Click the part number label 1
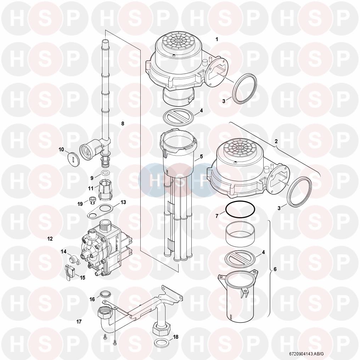(x=217, y=39)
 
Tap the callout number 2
(x=276, y=141)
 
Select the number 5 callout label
(x=201, y=157)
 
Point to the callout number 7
(x=217, y=216)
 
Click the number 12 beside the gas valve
(x=50, y=239)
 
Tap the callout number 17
(x=79, y=322)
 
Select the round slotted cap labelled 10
(x=74, y=158)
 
